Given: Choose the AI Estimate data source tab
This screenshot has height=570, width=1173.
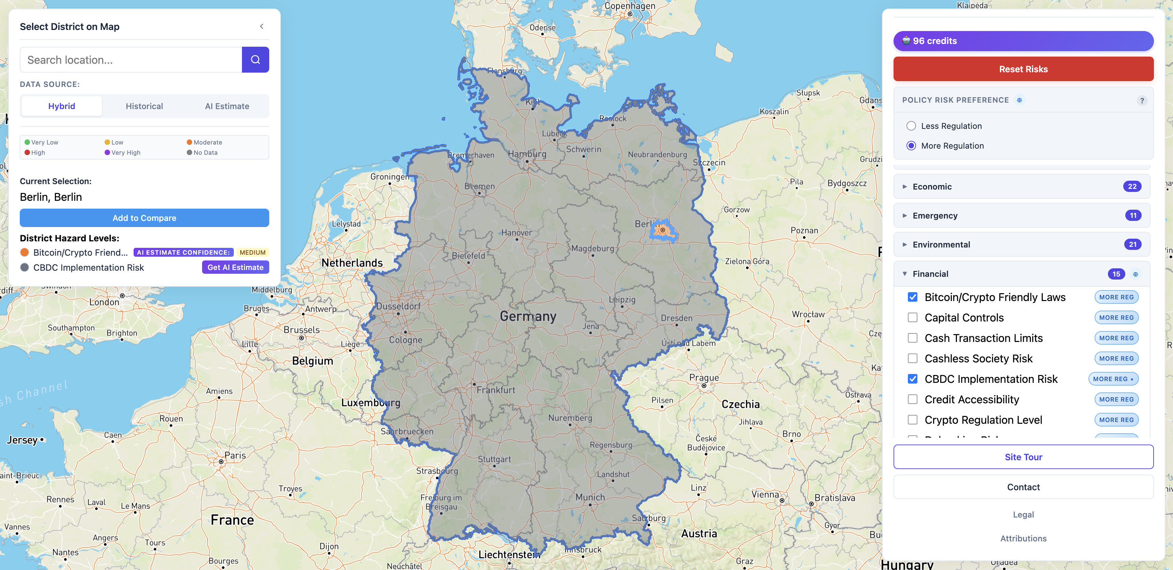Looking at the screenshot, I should click(x=227, y=106).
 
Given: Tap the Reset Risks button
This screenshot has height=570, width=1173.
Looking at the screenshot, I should click(x=1023, y=69).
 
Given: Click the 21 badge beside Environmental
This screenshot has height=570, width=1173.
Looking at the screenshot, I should click(x=1132, y=245).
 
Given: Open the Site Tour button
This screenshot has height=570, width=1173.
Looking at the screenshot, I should click(x=1023, y=457).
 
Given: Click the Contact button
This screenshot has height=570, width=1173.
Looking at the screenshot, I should click(x=1023, y=487).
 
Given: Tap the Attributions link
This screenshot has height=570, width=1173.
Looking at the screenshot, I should click(x=1023, y=539).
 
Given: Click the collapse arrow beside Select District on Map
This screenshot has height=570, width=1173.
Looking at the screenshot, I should click(x=261, y=27).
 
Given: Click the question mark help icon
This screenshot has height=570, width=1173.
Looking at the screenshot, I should click(x=1142, y=101).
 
